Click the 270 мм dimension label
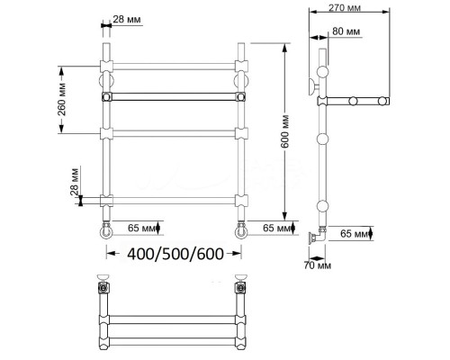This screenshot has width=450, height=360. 345,7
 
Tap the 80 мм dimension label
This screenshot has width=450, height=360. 346,31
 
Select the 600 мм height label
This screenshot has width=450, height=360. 285,131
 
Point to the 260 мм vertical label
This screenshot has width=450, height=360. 62,99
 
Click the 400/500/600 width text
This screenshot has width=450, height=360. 175,254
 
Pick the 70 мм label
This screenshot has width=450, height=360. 318,265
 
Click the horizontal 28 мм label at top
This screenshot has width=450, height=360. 127,20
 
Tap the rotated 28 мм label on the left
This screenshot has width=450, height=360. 75,183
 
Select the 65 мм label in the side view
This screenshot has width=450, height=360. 355,233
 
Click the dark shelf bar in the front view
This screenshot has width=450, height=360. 174,96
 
